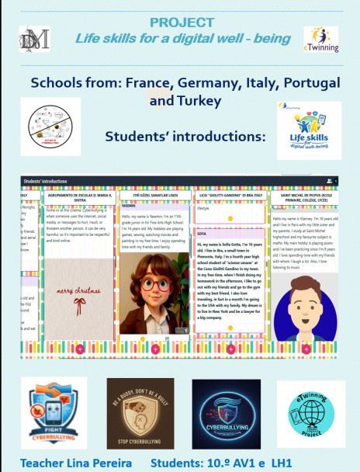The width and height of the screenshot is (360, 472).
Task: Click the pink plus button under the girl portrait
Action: click(x=155, y=349)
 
